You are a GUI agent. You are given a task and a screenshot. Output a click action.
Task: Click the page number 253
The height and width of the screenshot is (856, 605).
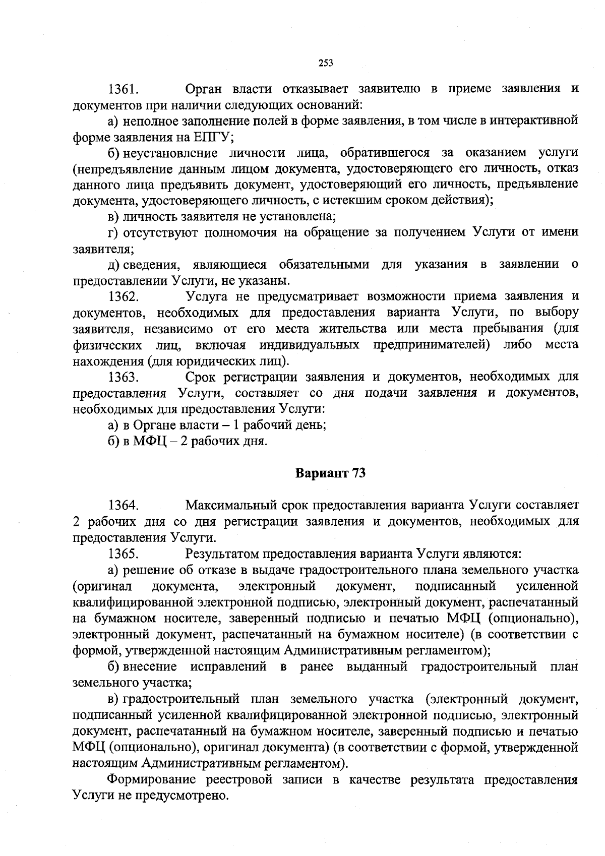(x=326, y=63)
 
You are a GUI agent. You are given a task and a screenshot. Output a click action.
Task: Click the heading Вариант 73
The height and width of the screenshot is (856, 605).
(x=330, y=473)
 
